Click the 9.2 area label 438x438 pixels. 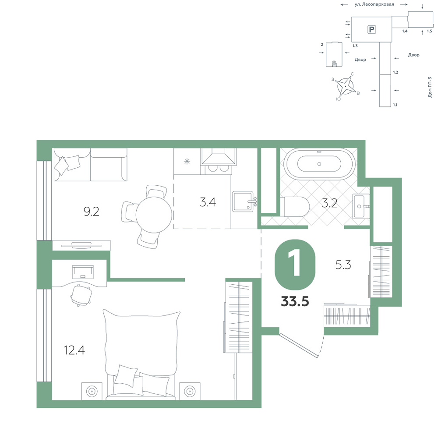pyautogui.click(x=92, y=212)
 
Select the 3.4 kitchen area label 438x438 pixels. pyautogui.click(x=208, y=202)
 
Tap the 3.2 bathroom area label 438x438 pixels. pyautogui.click(x=330, y=203)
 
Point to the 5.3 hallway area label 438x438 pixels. pyautogui.click(x=343, y=264)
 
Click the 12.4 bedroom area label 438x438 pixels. pyautogui.click(x=74, y=350)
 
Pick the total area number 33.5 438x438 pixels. pyautogui.click(x=295, y=302)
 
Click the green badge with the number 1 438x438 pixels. pyautogui.click(x=295, y=265)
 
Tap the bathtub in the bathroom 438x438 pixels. pyautogui.click(x=320, y=164)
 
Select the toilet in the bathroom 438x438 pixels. pyautogui.click(x=297, y=207)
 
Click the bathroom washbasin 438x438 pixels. pyautogui.click(x=361, y=206)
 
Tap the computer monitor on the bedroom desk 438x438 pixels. pyautogui.click(x=83, y=272)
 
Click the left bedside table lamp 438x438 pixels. pyautogui.click(x=92, y=391)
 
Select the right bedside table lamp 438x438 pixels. pyautogui.click(x=190, y=391)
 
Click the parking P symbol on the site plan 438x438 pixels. pyautogui.click(x=371, y=29)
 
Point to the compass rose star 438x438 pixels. pyautogui.click(x=346, y=86)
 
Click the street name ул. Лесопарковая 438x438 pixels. pyautogui.click(x=374, y=4)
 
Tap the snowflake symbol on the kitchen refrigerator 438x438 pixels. pyautogui.click(x=187, y=161)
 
